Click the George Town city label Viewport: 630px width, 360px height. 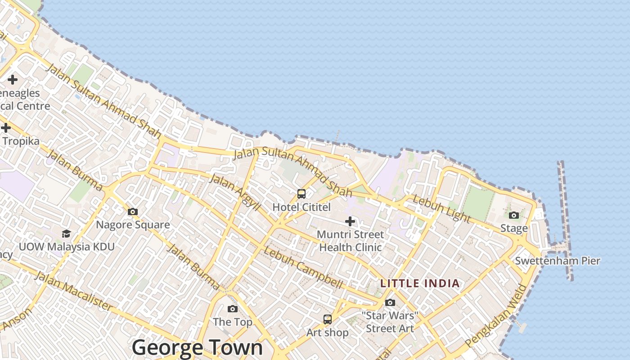197,347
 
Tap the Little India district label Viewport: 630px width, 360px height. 420,283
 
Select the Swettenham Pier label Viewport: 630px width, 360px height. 557,261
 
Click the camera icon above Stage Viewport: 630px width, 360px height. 514,216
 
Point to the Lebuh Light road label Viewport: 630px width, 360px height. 441,209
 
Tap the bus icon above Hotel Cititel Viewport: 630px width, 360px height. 301,194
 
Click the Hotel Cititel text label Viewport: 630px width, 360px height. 301,207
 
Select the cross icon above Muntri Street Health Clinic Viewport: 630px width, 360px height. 350,221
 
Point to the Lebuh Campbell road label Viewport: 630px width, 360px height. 303,267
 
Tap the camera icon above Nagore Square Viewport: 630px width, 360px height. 133,211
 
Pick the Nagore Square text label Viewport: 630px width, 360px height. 133,225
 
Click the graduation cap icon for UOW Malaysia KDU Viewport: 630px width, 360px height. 67,234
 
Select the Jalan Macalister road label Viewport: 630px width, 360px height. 73,291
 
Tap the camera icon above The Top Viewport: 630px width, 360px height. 233,309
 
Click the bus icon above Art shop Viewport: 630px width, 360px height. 328,319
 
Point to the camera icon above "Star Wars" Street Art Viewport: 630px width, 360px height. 390,302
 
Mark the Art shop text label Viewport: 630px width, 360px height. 328,333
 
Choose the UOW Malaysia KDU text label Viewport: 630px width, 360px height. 67,247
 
